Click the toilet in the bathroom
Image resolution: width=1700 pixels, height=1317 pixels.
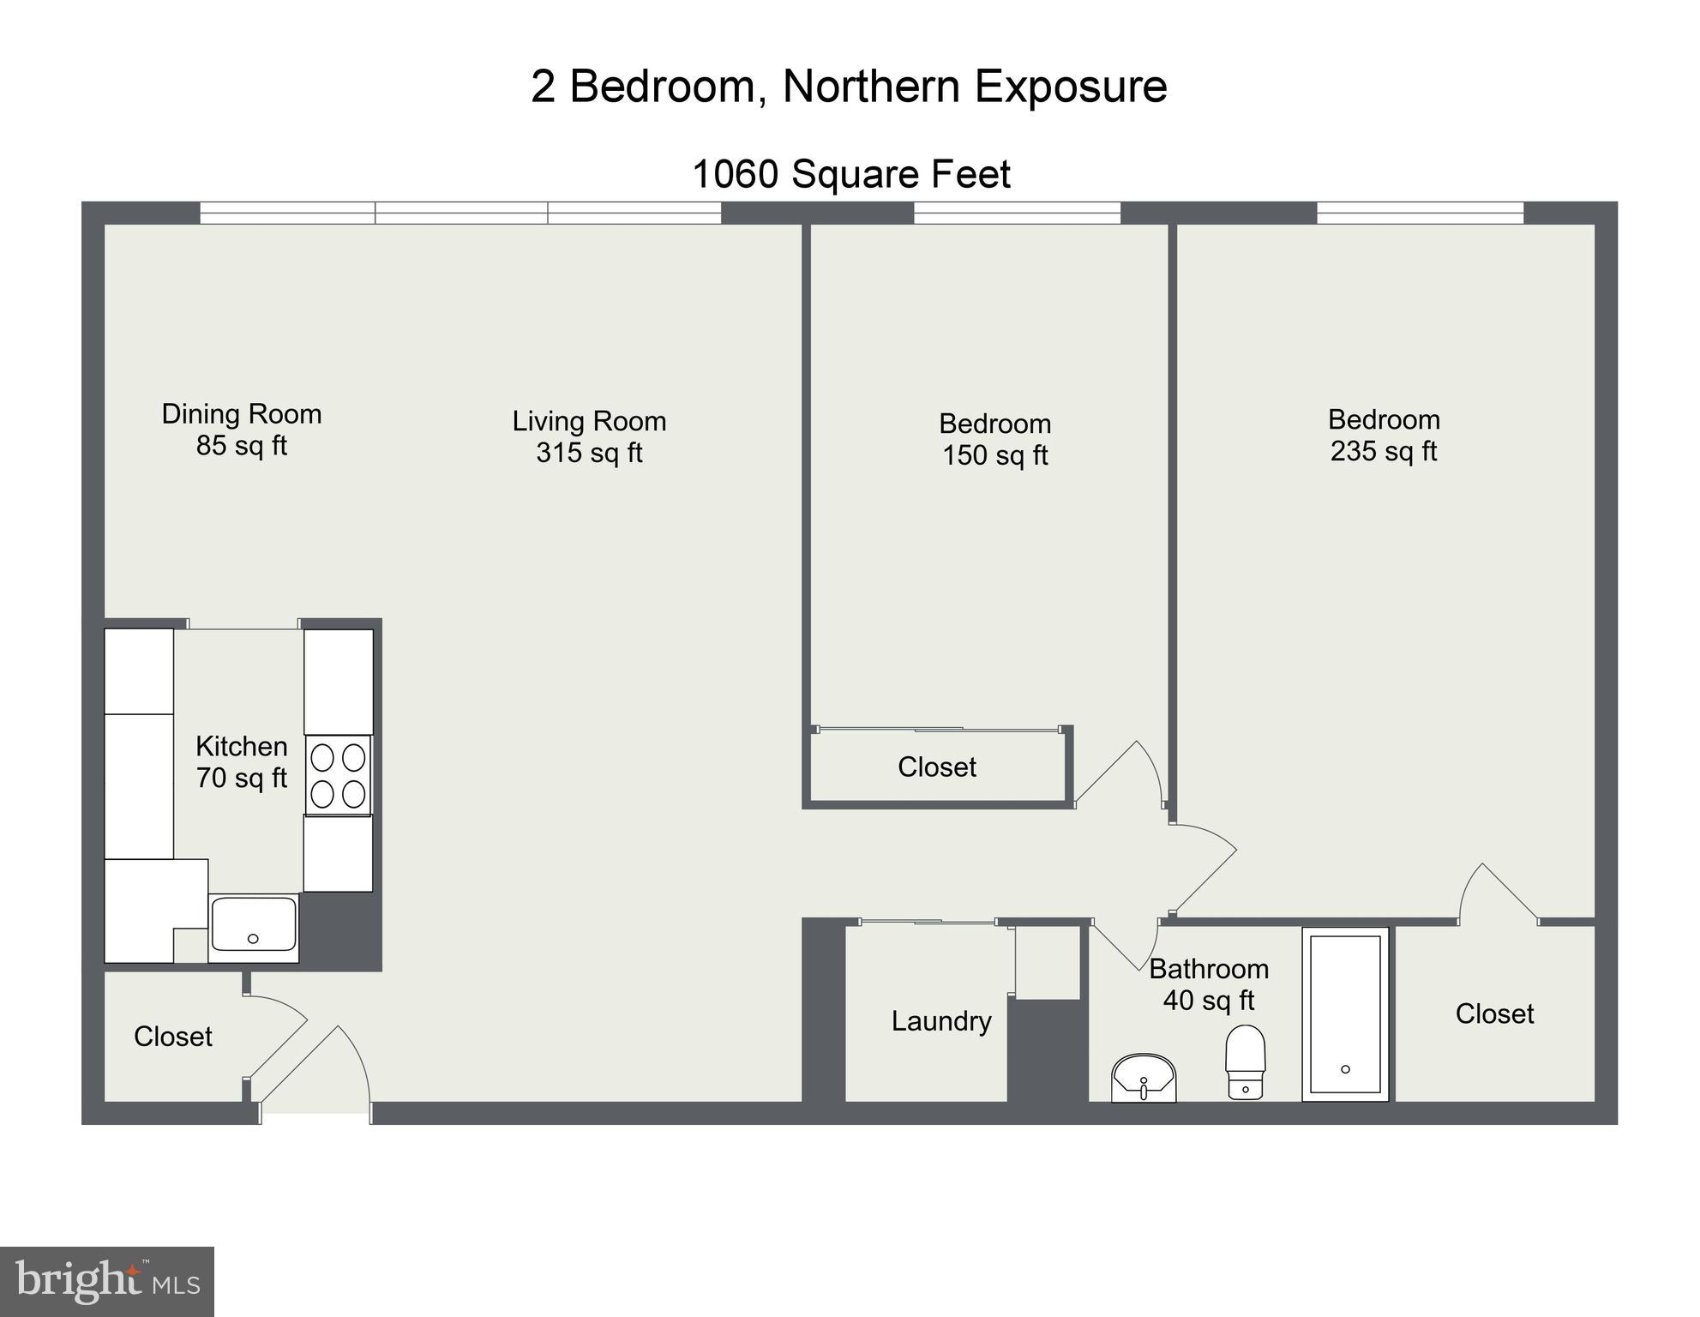[1245, 1061]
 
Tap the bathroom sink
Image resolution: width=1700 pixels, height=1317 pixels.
[1144, 1078]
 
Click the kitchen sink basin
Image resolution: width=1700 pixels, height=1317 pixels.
[254, 923]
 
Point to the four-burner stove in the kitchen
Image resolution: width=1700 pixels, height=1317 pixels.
[339, 775]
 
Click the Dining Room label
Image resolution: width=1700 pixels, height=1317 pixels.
[242, 414]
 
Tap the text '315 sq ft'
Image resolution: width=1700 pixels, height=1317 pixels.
[589, 453]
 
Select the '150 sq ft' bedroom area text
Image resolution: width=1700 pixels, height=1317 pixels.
[994, 455]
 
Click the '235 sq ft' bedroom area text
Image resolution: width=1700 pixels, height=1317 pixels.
[1383, 451]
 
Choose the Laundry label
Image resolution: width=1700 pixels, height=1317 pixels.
[941, 1020]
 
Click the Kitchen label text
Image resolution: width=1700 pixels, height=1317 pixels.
[242, 746]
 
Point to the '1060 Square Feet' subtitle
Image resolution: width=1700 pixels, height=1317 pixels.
[850, 174]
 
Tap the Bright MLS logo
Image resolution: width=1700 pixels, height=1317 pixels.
[107, 1281]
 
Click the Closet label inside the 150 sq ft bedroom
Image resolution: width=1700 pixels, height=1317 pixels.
[937, 767]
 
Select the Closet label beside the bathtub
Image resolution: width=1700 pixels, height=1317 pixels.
[1494, 1013]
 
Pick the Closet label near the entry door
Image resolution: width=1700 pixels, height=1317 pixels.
[173, 1036]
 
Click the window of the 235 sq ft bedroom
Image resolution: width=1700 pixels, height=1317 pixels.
[1420, 213]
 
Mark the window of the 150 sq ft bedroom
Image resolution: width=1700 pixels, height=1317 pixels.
[1017, 213]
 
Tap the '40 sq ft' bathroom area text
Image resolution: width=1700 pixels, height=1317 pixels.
[1208, 1000]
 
